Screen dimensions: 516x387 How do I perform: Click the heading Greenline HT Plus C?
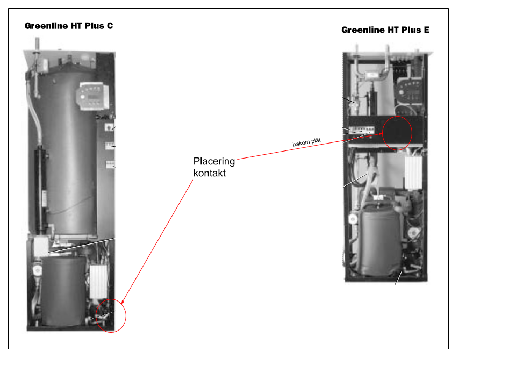coord(69,26)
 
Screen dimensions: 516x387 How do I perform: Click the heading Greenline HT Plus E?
coord(385,30)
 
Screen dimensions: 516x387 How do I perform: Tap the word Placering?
coord(214,161)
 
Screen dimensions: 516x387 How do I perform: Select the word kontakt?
coord(209,174)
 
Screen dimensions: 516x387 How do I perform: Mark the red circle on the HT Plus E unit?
coord(396,133)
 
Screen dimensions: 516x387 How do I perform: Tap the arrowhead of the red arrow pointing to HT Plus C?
coord(123,304)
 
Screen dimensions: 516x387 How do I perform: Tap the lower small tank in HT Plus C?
coord(63,290)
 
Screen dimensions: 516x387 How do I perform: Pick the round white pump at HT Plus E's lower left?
coord(353,219)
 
